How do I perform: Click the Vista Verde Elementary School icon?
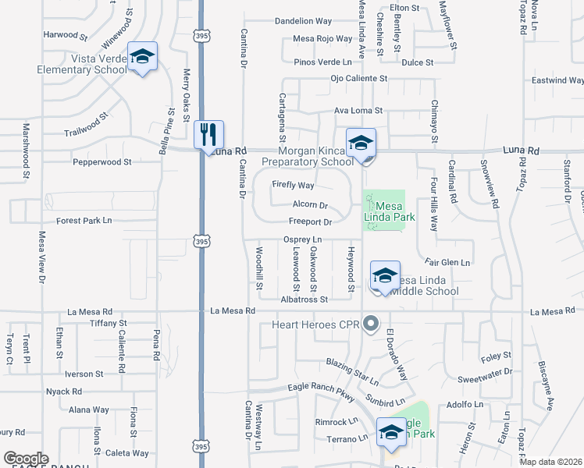point(142,57)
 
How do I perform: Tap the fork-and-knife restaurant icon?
point(208,134)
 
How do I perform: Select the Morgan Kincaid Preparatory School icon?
point(361,144)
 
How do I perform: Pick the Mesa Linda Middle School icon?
point(385,276)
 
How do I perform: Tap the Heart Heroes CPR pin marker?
point(372,323)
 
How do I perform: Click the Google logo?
point(26,459)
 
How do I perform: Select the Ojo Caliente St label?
point(358,79)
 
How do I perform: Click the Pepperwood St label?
point(101,162)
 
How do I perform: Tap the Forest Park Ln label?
point(84,221)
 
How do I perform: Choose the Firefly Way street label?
point(293,186)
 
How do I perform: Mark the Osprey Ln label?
point(302,239)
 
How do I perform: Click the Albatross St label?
point(304,299)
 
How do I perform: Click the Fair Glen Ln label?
point(447,263)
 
